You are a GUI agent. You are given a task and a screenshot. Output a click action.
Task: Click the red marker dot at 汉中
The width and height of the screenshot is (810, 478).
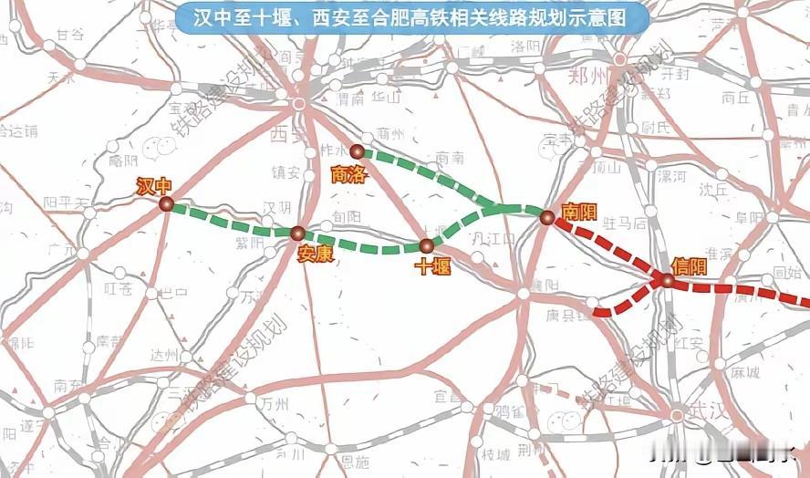pos(166,204)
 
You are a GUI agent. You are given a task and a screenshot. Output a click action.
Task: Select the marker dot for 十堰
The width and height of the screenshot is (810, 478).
pos(426,245)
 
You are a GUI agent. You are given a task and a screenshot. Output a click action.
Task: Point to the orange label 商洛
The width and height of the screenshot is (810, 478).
pos(348,173)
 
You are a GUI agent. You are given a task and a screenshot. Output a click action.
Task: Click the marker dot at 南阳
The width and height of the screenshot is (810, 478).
pos(546,217)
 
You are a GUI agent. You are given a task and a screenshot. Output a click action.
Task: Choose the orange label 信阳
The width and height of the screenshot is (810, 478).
pos(689,265)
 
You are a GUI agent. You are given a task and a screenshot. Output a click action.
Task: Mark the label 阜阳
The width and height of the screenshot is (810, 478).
pos(750,217)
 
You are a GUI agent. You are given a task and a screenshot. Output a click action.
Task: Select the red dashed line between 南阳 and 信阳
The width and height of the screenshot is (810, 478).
pos(607,249)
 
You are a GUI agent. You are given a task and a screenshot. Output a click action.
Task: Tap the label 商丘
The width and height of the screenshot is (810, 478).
pos(735,97)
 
